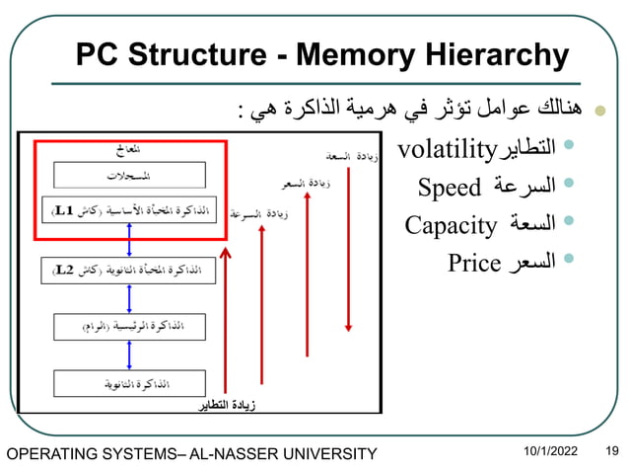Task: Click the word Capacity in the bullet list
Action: (451, 226)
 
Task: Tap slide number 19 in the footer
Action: (611, 451)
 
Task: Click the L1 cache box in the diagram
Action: (129, 210)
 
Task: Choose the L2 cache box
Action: (129, 268)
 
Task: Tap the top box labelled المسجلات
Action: (129, 175)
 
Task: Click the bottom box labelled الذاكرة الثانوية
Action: (129, 382)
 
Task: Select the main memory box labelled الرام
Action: (129, 325)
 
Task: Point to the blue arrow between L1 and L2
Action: (129, 239)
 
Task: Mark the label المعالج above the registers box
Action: (129, 149)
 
